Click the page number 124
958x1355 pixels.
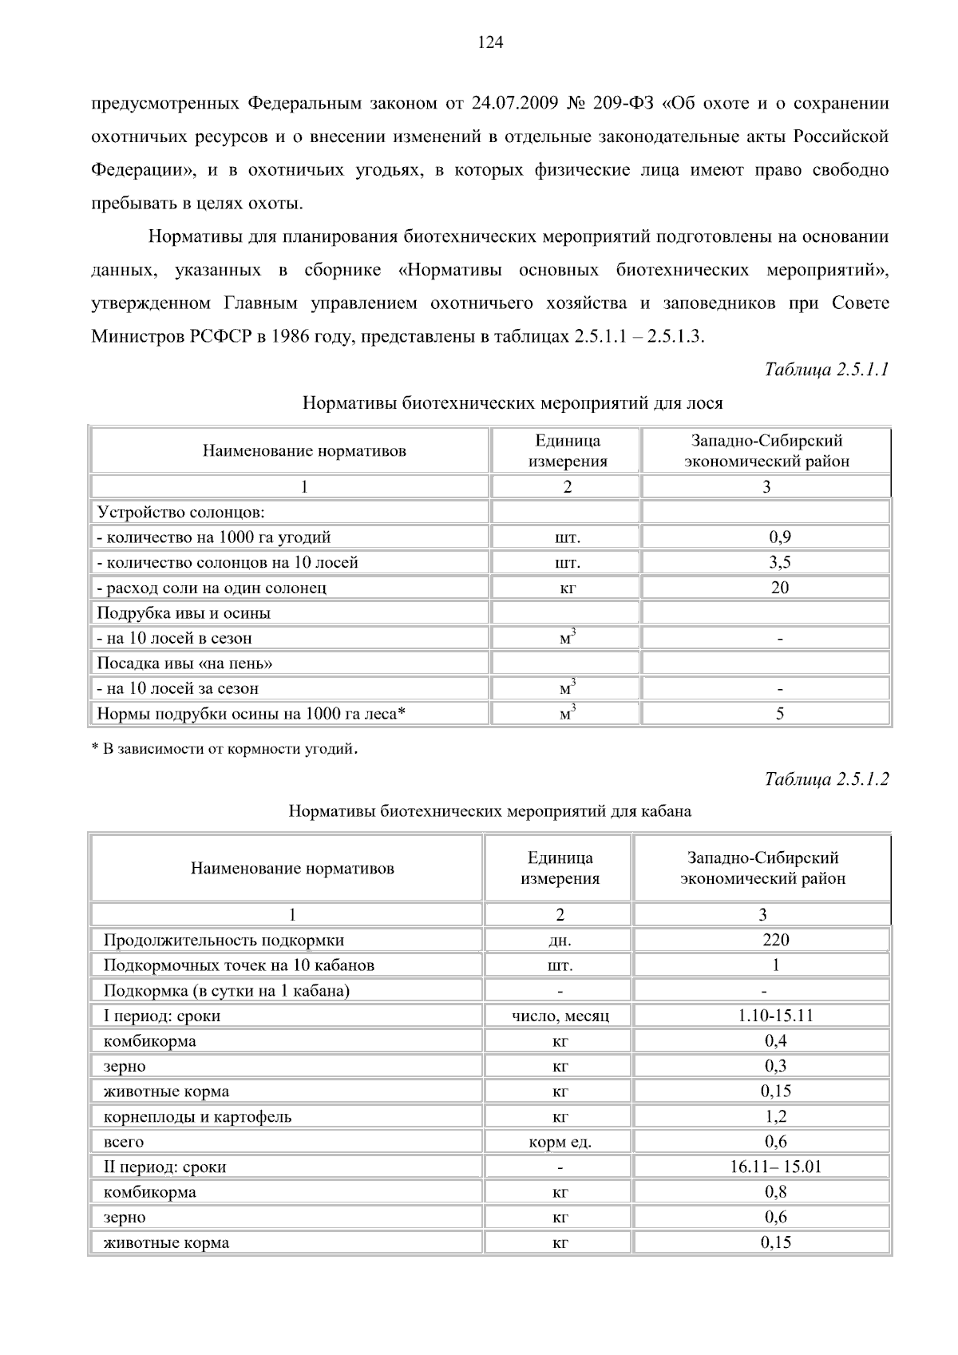pos(490,43)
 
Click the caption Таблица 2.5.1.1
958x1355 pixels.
pos(826,370)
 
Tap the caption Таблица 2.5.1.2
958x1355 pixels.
pos(826,779)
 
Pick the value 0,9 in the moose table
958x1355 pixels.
pos(779,537)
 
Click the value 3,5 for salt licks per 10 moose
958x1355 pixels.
pos(779,562)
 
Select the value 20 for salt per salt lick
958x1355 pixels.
pos(779,588)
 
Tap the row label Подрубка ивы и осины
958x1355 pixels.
pos(184,613)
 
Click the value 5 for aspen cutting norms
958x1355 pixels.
pos(779,714)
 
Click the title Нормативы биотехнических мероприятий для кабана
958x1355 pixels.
pos(489,811)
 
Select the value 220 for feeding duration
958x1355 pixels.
pos(775,940)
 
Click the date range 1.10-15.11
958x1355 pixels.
pos(775,1016)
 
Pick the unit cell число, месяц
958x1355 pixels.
pos(560,1016)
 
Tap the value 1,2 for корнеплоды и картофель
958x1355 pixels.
pos(775,1116)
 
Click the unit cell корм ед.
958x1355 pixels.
pos(560,1142)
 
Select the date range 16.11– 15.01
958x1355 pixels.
pos(775,1167)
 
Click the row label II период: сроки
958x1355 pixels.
pos(165,1167)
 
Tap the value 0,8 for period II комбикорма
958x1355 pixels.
pos(775,1192)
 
